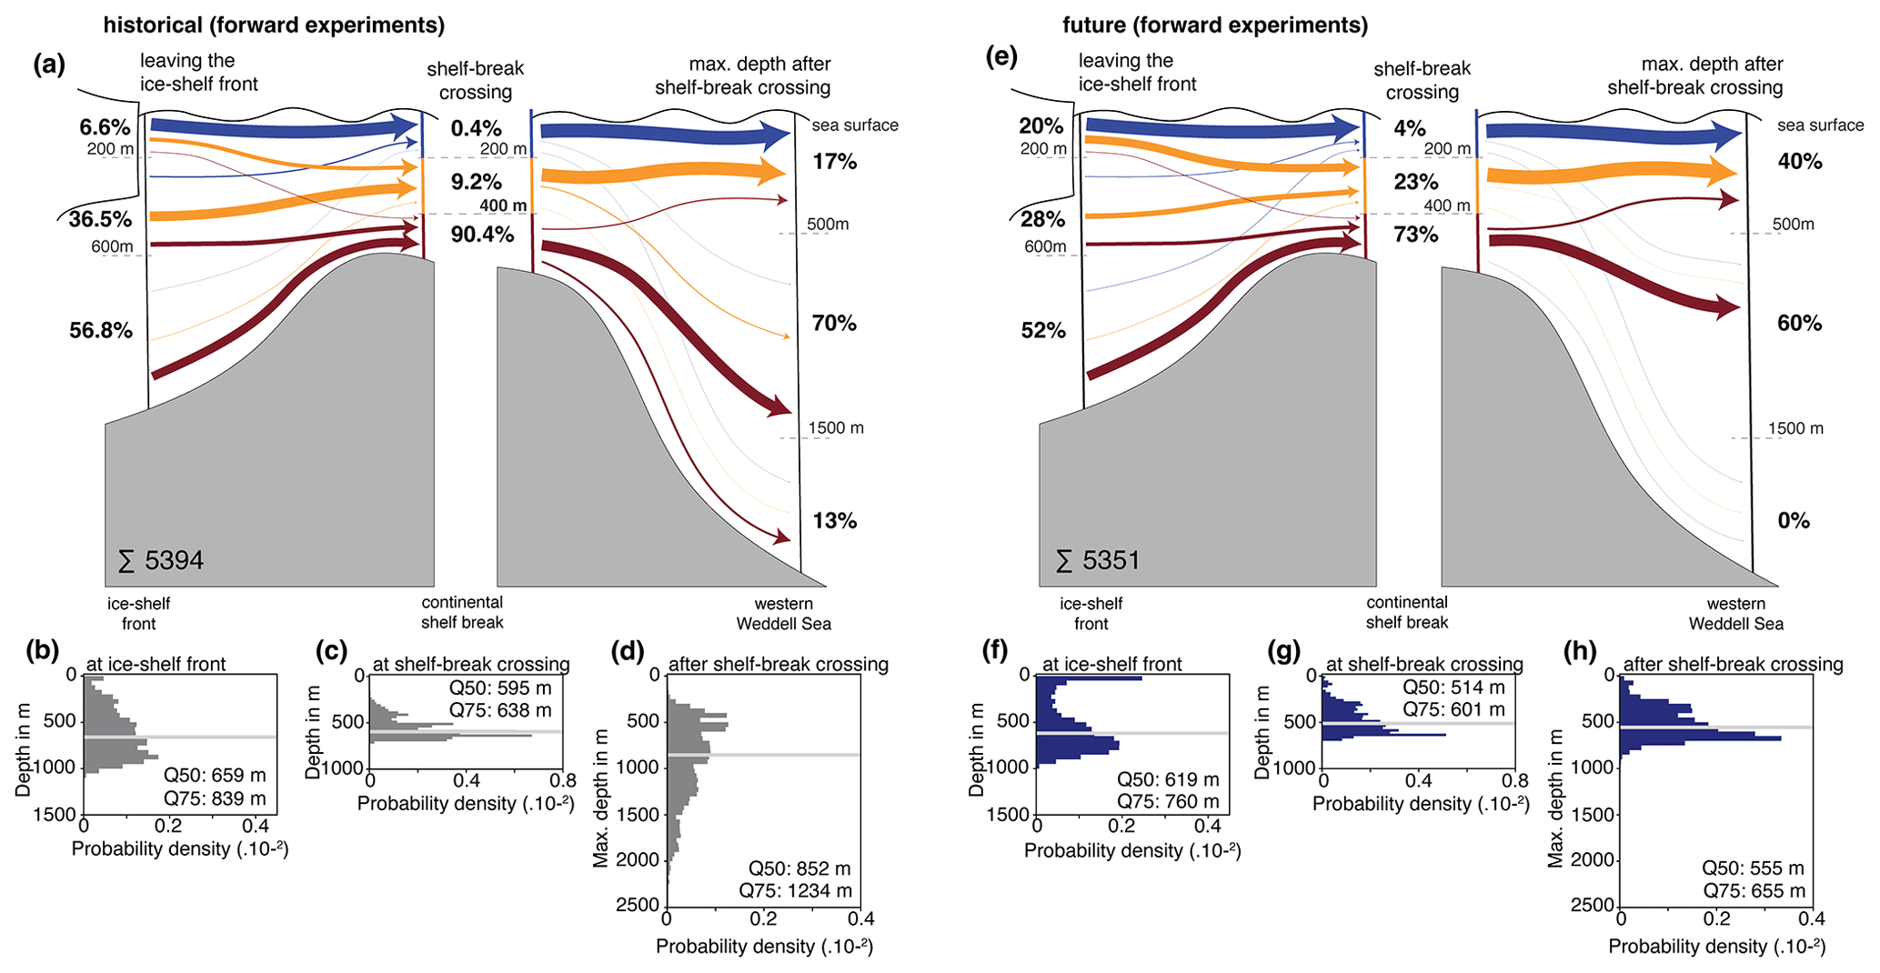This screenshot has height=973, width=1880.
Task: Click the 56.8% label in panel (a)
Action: [x=101, y=331]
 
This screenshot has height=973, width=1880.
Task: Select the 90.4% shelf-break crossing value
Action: [x=482, y=235]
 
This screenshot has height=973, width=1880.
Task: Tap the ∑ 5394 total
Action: [x=161, y=561]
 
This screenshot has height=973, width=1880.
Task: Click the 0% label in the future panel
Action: [x=1794, y=521]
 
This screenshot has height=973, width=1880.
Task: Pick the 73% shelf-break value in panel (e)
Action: [x=1416, y=235]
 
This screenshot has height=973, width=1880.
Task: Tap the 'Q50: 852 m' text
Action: [x=799, y=868]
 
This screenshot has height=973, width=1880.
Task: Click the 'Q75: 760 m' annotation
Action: [x=1168, y=801]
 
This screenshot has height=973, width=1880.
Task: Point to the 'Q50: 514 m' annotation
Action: [x=1453, y=687]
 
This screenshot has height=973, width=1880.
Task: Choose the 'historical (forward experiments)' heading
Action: [x=274, y=25]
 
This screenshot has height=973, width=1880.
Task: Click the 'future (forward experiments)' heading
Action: [x=1215, y=25]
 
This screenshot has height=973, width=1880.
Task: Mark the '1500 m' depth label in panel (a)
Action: [x=836, y=427]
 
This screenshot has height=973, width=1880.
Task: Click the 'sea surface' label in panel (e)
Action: [x=1820, y=125]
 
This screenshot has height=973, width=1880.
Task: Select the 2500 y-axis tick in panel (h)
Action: [x=1598, y=905]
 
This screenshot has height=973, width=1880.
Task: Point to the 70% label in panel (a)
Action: [x=834, y=324]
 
